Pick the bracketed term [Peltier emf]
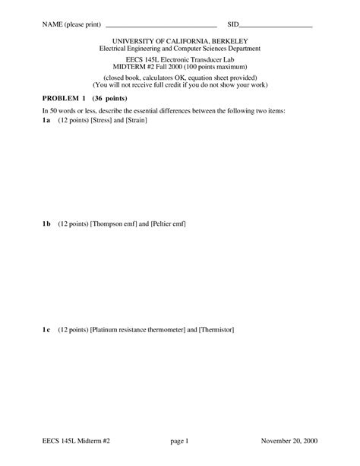click(x=169, y=223)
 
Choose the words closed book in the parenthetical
click(x=125, y=78)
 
